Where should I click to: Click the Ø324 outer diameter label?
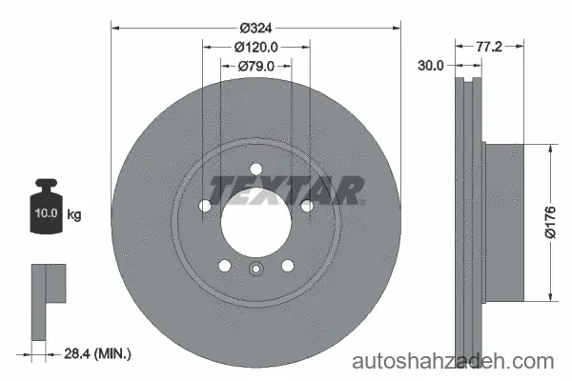(256, 28)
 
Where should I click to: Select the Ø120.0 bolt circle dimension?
(256, 47)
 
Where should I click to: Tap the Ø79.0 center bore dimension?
(256, 67)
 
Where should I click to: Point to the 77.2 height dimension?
(489, 47)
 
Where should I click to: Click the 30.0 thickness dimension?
(431, 66)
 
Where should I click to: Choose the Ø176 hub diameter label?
(550, 222)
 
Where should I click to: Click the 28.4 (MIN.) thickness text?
(97, 353)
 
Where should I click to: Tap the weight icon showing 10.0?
(47, 207)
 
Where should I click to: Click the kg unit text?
(74, 214)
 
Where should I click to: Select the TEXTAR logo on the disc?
(286, 190)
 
